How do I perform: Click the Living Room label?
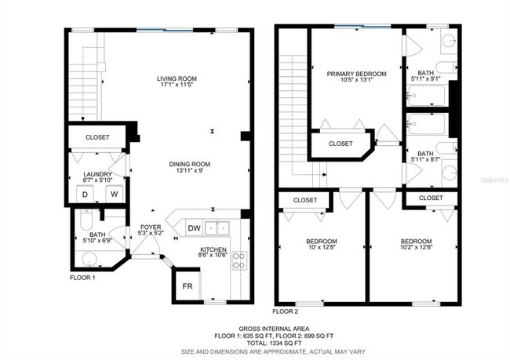click(x=177, y=78)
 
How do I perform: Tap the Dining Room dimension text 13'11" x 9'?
click(x=189, y=170)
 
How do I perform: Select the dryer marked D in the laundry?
click(x=85, y=195)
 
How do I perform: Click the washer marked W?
click(x=115, y=195)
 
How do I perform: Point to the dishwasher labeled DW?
click(x=194, y=228)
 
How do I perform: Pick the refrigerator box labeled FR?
click(x=188, y=286)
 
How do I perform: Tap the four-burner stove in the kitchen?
click(x=239, y=260)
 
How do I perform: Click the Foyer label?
click(x=151, y=227)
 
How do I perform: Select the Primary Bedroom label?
click(x=356, y=74)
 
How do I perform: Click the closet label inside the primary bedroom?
click(x=341, y=144)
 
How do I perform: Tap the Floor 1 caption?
click(x=82, y=278)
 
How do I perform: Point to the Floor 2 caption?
click(x=286, y=311)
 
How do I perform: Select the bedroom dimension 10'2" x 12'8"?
click(x=416, y=247)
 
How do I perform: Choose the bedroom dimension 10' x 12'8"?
click(x=322, y=247)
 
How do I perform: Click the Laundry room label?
click(x=97, y=174)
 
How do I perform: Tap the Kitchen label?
click(x=213, y=249)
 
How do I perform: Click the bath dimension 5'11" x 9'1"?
click(x=426, y=78)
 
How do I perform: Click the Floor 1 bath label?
click(x=97, y=235)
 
